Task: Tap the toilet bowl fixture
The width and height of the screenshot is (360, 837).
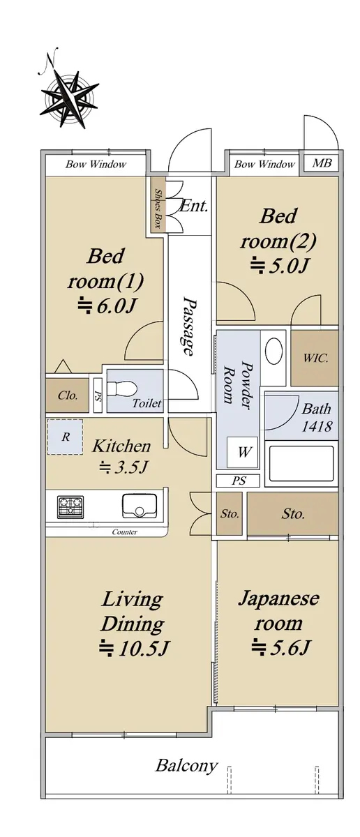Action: pyautogui.click(x=122, y=390)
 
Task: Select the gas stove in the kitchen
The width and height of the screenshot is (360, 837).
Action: pyautogui.click(x=70, y=506)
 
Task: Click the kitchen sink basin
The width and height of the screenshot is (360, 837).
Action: pyautogui.click(x=139, y=506)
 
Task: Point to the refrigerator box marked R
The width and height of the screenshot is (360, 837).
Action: pyautogui.click(x=65, y=437)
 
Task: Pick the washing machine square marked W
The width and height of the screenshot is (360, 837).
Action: pyautogui.click(x=243, y=452)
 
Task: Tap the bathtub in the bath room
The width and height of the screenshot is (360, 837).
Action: pyautogui.click(x=301, y=463)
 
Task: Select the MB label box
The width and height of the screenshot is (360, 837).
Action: pyautogui.click(x=322, y=163)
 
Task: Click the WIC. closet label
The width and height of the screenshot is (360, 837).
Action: pyautogui.click(x=315, y=358)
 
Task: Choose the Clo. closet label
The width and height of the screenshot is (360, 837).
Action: pyautogui.click(x=68, y=395)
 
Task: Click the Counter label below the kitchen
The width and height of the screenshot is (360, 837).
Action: pyautogui.click(x=124, y=531)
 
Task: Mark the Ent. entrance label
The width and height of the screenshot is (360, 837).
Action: pyautogui.click(x=194, y=206)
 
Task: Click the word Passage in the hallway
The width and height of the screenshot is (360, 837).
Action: pyautogui.click(x=190, y=326)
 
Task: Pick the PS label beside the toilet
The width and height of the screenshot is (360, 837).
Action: pyautogui.click(x=98, y=395)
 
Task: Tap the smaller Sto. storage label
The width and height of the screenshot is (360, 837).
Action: pyautogui.click(x=229, y=514)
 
